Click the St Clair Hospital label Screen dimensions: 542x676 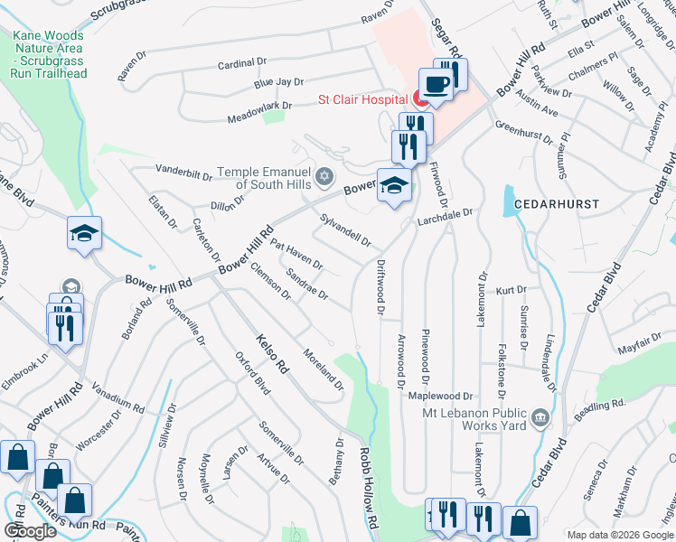[x=361, y=99]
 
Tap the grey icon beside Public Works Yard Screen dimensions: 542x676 [x=540, y=416]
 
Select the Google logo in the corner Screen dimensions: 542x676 [x=30, y=531]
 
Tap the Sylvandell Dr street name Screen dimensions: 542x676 [x=346, y=229]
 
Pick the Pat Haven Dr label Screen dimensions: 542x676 [x=296, y=254]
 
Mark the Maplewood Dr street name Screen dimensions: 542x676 [x=441, y=396]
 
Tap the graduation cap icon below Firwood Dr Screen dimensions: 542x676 [x=393, y=186]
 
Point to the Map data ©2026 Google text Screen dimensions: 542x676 [x=618, y=535]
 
